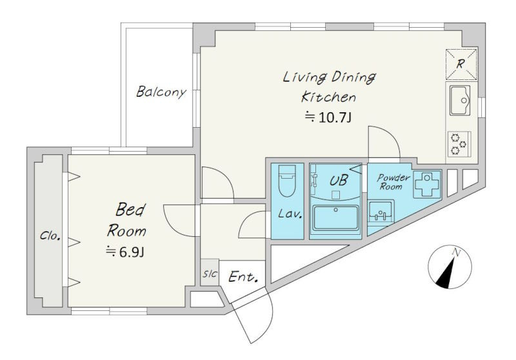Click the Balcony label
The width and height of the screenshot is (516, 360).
(x=161, y=92)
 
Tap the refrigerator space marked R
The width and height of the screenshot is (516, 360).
(x=461, y=65)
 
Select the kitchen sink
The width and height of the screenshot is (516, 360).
(x=460, y=100)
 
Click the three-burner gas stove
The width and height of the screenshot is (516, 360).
(x=459, y=143)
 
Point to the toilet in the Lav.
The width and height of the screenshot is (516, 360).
(x=287, y=181)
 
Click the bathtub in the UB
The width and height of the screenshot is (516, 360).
(x=335, y=217)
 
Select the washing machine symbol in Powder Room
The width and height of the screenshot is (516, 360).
(x=427, y=185)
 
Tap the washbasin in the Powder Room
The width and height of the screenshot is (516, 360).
(x=381, y=212)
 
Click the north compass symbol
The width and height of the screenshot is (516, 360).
(x=450, y=267)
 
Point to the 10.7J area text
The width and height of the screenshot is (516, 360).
(x=328, y=117)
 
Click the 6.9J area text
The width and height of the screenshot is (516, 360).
(x=125, y=252)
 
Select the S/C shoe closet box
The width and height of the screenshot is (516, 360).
(x=210, y=273)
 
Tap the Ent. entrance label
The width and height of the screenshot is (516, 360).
(x=243, y=277)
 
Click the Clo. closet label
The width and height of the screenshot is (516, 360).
(x=50, y=235)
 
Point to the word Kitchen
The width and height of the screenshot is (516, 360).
(x=328, y=97)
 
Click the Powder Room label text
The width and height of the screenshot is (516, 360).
(x=393, y=182)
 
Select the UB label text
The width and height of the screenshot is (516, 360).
(x=338, y=181)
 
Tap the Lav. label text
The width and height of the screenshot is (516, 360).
(x=290, y=214)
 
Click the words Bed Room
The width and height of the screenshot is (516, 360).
(x=126, y=220)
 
